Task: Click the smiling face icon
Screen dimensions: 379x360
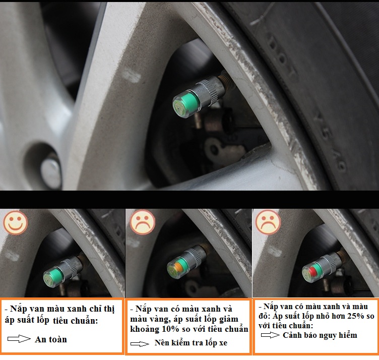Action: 16,222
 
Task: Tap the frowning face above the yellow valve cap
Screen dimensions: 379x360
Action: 143,222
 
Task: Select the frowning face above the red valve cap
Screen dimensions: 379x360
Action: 268,222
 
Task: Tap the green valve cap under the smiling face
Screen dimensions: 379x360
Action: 53,277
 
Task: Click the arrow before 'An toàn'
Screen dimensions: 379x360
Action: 19,339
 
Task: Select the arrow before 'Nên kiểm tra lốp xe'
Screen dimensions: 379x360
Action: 140,343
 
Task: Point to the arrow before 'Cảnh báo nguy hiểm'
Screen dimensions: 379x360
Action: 270,335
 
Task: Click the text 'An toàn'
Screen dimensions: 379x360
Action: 51,339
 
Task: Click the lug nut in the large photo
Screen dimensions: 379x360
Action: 51,171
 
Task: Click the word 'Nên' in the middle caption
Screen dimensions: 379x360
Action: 161,342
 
